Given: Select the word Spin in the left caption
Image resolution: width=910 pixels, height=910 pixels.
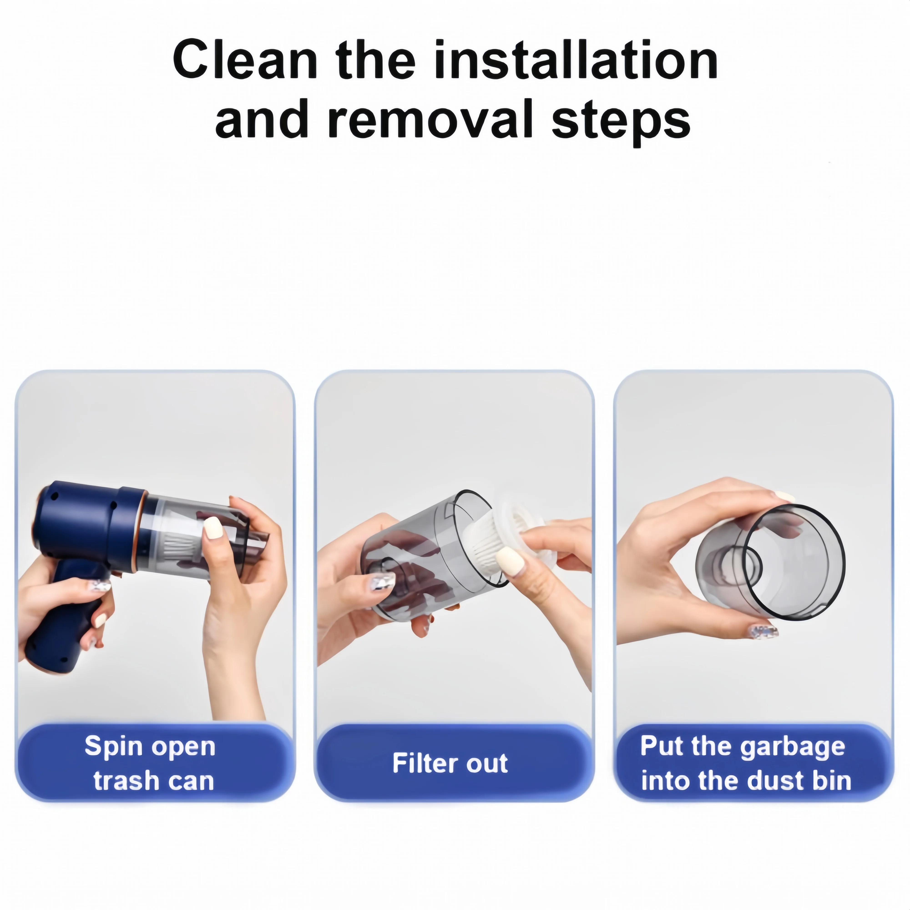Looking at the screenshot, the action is tap(113, 747).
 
